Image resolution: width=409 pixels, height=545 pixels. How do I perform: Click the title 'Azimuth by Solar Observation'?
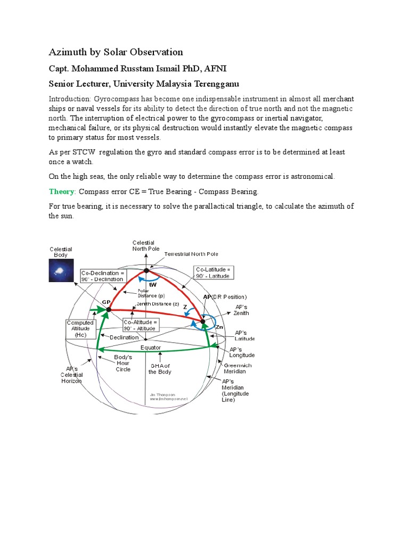116,52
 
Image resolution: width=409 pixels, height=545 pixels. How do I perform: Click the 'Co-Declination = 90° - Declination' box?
103,276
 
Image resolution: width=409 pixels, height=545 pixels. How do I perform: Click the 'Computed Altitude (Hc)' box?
80,329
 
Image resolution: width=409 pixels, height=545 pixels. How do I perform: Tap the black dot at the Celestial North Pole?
146,271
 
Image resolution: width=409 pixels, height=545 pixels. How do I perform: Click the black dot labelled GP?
108,309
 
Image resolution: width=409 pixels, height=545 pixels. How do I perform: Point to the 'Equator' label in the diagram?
151,348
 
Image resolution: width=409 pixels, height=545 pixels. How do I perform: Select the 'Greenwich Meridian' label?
238,368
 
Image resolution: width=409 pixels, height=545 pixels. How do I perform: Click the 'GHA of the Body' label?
160,369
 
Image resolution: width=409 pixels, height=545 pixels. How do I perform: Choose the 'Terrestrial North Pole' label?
191,254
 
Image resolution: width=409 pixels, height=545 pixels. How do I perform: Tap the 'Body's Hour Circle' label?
123,363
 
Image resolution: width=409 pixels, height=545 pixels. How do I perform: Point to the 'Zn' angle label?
219,327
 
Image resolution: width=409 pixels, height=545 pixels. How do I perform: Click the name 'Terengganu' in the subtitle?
213,84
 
